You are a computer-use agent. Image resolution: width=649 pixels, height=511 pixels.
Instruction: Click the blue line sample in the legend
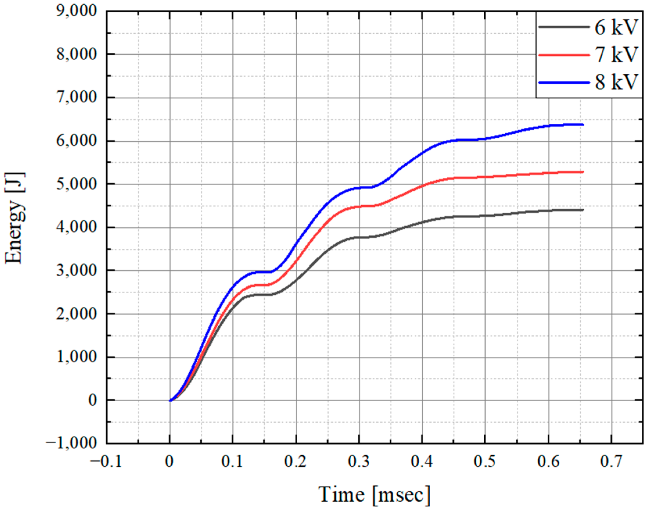tap(564, 82)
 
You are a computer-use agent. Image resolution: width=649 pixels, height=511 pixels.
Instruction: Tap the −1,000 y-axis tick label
tap(72, 443)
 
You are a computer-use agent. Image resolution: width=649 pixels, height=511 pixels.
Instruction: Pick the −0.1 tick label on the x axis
tap(106, 462)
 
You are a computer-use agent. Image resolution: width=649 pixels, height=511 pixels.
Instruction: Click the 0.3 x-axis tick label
tap(359, 462)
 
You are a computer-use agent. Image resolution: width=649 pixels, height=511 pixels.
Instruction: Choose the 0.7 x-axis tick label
tap(612, 462)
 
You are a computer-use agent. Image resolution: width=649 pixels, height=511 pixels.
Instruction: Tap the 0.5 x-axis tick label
tap(485, 462)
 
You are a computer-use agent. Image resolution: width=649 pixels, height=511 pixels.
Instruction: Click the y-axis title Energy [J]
tap(14, 218)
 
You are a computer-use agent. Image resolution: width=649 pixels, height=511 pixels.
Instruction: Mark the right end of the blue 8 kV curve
tap(583, 124)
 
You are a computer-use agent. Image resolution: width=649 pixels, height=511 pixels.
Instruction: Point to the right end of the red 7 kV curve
tap(583, 172)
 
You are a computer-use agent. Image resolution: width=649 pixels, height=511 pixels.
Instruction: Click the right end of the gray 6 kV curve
tap(583, 210)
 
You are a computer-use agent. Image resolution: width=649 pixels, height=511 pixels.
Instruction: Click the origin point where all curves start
tap(170, 400)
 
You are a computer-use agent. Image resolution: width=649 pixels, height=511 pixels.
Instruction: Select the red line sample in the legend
tap(564, 55)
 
